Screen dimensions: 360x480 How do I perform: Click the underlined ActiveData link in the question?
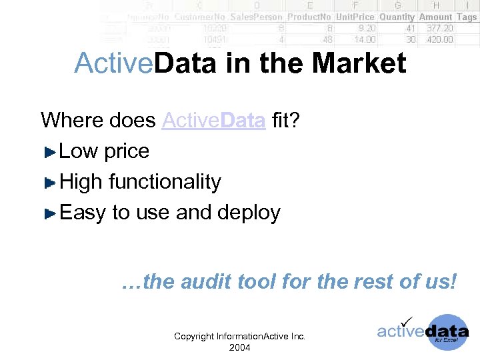pos(213,121)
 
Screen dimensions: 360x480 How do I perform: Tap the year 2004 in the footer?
pos(239,347)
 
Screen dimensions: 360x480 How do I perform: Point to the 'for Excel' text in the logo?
pos(446,339)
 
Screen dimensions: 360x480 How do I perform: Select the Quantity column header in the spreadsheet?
pos(397,17)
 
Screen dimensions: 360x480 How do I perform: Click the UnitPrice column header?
pos(355,17)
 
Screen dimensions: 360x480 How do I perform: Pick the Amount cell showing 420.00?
pos(439,39)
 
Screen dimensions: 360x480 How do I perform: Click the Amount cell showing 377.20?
pos(439,28)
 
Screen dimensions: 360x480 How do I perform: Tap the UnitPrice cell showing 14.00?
pos(365,39)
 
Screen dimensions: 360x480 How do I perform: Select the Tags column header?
pos(467,17)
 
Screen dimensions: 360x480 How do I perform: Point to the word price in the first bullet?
pos(127,152)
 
